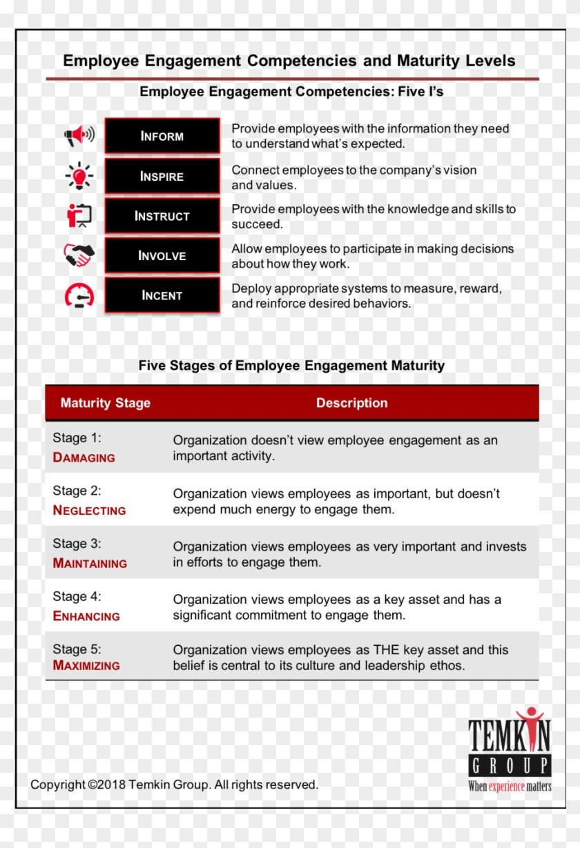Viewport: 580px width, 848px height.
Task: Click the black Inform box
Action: (162, 136)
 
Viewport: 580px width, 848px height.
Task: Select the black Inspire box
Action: (162, 176)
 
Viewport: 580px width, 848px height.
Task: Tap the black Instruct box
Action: (162, 216)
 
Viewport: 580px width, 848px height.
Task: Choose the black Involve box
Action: (162, 255)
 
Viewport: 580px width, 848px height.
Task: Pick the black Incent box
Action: (162, 295)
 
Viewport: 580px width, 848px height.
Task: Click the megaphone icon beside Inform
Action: (79, 135)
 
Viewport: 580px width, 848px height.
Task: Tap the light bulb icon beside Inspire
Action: (79, 175)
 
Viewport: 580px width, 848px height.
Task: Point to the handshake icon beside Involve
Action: (79, 255)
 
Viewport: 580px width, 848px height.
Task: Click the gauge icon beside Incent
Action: (79, 296)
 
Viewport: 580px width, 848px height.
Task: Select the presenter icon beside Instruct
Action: (79, 215)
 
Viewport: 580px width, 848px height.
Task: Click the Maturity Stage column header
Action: (105, 403)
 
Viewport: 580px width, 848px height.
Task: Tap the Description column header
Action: (351, 403)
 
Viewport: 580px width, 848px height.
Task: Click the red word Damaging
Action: (84, 457)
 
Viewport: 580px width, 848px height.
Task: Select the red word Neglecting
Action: (89, 511)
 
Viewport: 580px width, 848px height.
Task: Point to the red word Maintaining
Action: (90, 563)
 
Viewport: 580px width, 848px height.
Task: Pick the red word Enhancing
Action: (86, 616)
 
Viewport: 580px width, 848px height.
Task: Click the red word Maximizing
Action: (86, 666)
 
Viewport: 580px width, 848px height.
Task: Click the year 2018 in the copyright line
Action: (111, 785)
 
